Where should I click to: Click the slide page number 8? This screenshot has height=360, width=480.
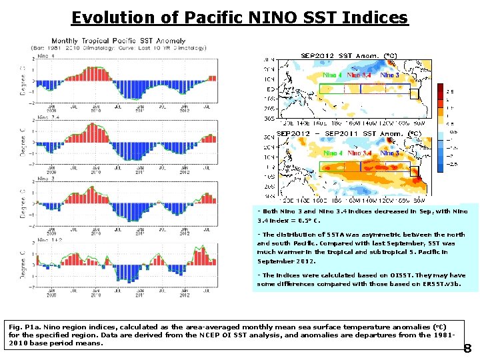(x=467, y=348)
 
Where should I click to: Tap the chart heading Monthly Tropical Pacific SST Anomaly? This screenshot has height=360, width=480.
(x=119, y=41)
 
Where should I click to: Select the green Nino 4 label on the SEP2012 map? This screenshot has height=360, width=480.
(x=333, y=75)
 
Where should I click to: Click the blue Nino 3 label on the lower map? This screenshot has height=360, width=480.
(x=389, y=153)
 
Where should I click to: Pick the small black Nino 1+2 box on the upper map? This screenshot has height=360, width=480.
(x=414, y=94)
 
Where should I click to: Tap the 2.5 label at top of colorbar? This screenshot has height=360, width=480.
(x=450, y=91)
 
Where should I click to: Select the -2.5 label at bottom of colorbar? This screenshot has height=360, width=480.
(x=451, y=163)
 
